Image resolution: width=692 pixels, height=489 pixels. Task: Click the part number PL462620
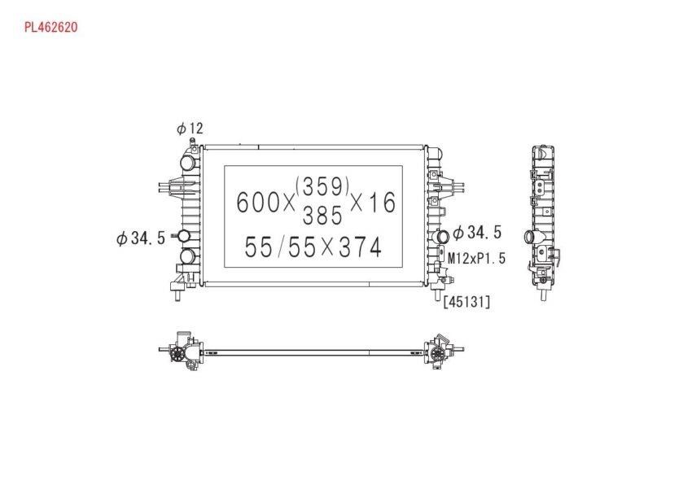click(50, 28)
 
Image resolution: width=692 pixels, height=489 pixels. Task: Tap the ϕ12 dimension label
click(190, 129)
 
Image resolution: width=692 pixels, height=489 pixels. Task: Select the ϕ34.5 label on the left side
click(140, 238)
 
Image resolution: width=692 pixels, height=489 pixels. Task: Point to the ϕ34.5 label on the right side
click(477, 232)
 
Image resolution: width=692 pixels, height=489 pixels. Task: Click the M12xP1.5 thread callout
click(476, 258)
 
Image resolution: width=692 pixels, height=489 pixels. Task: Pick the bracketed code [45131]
click(467, 302)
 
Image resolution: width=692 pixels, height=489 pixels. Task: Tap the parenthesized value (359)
click(323, 186)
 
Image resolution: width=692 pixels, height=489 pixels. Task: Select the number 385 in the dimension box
click(322, 216)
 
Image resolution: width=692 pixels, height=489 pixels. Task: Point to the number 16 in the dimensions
click(382, 203)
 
